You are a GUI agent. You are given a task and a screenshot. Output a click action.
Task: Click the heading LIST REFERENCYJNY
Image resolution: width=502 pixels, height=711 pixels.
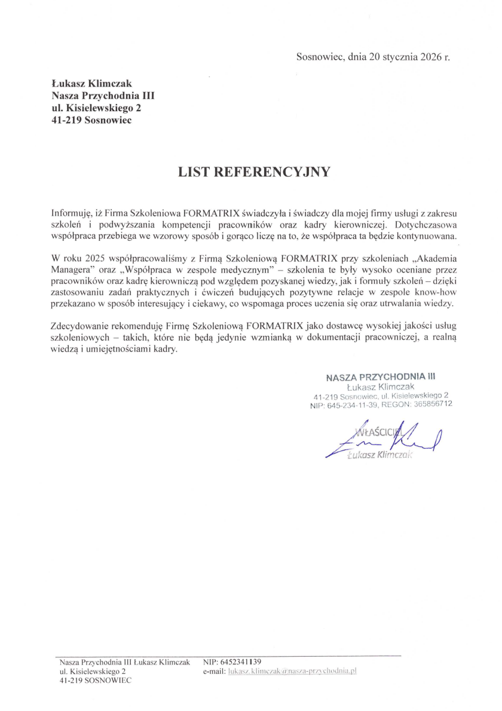point(254,172)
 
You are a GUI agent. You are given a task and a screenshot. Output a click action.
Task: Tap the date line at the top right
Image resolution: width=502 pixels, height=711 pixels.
point(372,57)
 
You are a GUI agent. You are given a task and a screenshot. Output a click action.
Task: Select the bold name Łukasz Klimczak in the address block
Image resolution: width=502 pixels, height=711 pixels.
point(91,84)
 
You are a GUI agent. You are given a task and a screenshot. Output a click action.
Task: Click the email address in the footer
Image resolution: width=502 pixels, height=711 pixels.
point(288,672)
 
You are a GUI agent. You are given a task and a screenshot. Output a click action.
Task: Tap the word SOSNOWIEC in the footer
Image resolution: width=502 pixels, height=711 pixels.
point(107,681)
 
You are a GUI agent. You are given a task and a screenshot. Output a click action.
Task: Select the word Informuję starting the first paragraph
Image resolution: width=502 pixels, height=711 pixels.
point(71,212)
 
